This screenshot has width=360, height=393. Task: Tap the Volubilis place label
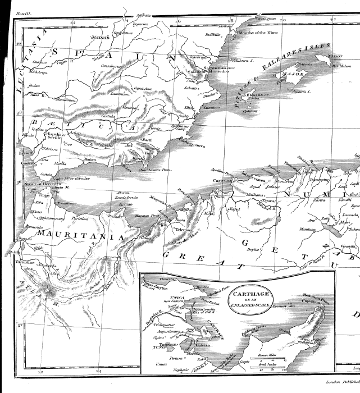(x=25, y=262)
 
